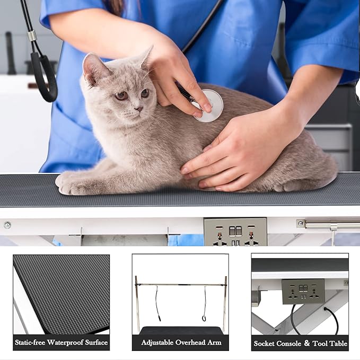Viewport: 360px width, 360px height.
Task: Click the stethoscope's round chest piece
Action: tap(208, 105)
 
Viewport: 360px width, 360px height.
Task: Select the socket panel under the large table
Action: tap(235, 231)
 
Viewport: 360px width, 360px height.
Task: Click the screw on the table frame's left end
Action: tap(7, 225)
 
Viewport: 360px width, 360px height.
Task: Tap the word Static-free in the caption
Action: tap(32, 343)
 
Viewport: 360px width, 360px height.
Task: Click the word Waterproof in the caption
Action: tap(67, 343)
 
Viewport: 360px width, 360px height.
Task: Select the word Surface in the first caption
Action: tap(96, 343)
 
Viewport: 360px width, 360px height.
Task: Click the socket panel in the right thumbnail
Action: tap(303, 291)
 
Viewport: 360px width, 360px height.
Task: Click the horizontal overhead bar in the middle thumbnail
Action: tap(180, 285)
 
